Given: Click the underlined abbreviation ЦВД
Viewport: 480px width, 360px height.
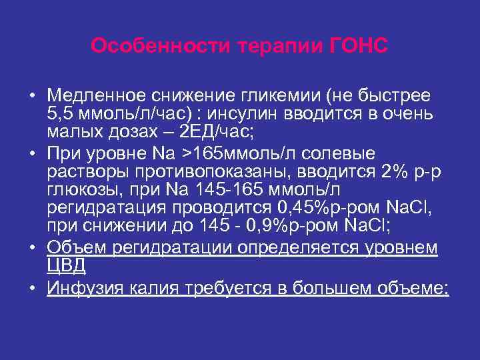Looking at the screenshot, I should pos(66,263).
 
